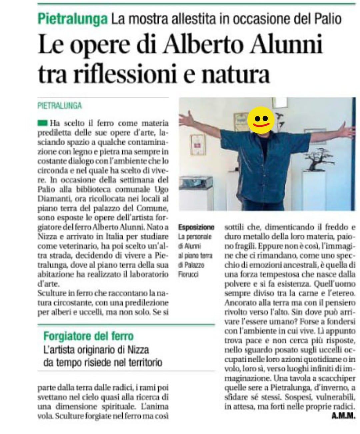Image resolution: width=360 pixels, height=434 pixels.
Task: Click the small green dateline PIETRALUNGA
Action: click(59, 106)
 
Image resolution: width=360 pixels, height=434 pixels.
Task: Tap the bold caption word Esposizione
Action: click(196, 228)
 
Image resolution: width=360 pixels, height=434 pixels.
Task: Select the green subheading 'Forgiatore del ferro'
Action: click(88, 336)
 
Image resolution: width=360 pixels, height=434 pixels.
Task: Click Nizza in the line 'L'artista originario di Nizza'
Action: click(138, 350)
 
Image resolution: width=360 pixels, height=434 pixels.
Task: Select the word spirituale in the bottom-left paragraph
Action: click(115, 407)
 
